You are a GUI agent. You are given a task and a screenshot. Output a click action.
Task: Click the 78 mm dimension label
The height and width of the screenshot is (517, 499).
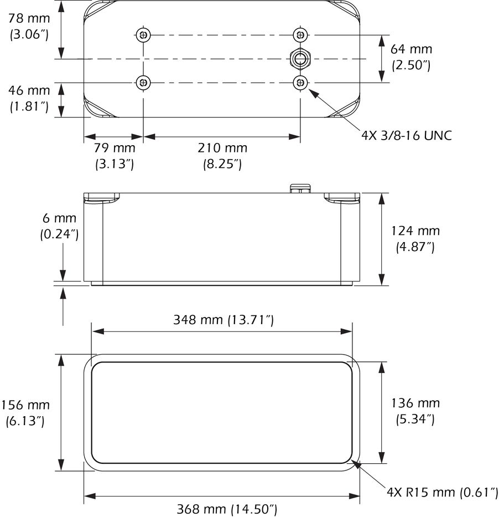click(x=29, y=27)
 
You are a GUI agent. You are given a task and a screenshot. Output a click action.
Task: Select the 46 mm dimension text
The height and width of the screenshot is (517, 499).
click(x=29, y=98)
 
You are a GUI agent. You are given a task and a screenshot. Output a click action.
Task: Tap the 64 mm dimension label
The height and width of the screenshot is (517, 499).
click(x=411, y=57)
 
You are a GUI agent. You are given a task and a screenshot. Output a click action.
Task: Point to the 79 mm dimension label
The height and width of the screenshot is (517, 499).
click(x=115, y=156)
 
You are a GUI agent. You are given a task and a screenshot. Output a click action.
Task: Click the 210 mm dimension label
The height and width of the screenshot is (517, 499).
click(x=222, y=156)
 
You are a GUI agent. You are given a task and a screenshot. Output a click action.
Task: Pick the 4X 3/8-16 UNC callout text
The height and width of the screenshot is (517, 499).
click(x=407, y=136)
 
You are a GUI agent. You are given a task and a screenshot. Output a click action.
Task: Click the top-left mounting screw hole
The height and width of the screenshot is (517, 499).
click(x=143, y=34)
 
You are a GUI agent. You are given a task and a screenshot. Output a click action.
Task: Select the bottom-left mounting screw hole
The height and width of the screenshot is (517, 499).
click(x=143, y=83)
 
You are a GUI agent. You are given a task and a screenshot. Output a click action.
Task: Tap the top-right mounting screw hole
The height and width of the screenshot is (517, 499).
click(x=300, y=34)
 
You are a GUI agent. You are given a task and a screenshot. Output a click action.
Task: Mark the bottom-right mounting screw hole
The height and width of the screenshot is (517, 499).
click(x=300, y=82)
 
